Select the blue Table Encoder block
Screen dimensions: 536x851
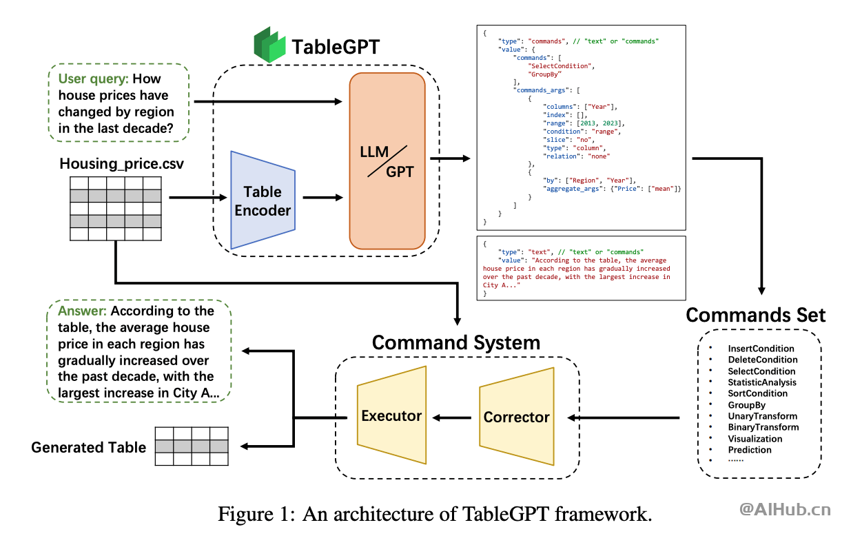tap(263, 200)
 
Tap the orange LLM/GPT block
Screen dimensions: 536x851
tap(387, 161)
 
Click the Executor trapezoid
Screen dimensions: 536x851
tap(391, 415)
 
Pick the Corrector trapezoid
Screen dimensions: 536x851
tap(516, 416)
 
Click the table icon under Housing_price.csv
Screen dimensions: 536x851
tap(116, 209)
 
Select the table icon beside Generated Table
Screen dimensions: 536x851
tap(190, 446)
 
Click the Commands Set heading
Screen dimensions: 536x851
tap(755, 315)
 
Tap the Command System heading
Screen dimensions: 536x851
tap(455, 342)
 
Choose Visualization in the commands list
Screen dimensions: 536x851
tap(755, 438)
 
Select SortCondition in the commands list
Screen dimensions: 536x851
tap(757, 393)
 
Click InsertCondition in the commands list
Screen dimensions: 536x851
tap(761, 349)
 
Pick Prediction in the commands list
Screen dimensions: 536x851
tap(750, 450)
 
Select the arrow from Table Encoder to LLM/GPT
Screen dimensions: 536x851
tap(322, 198)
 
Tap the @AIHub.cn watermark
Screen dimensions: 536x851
tap(785, 510)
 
